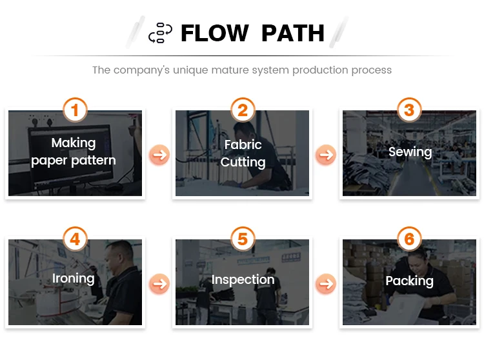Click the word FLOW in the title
(214, 33)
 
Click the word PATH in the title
(293, 33)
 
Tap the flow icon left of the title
(160, 33)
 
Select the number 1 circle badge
(75, 110)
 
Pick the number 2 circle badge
(243, 110)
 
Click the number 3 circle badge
(409, 110)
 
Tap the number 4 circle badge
(75, 239)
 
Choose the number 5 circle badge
(243, 239)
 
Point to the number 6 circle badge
(409, 239)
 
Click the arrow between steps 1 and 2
(159, 155)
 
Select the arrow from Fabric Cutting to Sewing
(326, 155)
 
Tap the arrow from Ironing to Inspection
(159, 283)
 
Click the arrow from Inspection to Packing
(326, 283)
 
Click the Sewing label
(410, 152)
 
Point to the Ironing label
(73, 279)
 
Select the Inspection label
(243, 280)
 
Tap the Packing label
(409, 281)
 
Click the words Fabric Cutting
(243, 154)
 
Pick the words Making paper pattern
(74, 152)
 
